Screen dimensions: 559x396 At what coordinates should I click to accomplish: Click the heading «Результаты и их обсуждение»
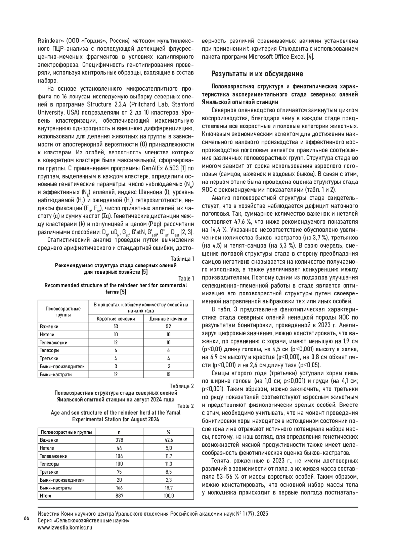click(x=257, y=73)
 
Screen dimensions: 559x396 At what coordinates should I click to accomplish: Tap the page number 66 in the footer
click(x=27, y=518)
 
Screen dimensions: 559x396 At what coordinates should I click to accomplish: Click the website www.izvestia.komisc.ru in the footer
click(x=65, y=527)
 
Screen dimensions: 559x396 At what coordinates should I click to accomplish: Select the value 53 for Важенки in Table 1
click(x=116, y=326)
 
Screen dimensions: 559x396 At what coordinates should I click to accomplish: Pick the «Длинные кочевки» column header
click(x=168, y=319)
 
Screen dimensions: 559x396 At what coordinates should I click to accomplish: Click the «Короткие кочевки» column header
click(x=116, y=319)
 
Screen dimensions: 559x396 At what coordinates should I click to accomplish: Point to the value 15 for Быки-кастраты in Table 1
click(x=168, y=374)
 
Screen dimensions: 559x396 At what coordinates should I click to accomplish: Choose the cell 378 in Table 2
click(x=119, y=440)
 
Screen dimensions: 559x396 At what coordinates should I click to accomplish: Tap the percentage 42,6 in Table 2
click(x=168, y=440)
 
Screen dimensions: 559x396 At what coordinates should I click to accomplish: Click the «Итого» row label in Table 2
click(x=46, y=496)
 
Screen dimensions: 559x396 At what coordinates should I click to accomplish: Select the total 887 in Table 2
click(x=119, y=496)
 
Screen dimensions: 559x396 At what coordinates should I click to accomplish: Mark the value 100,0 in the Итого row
click(x=168, y=496)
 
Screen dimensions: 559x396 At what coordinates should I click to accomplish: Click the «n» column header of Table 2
click(x=119, y=432)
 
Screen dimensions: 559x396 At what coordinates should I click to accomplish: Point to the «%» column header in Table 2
click(x=168, y=432)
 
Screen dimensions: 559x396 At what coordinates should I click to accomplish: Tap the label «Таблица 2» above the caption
click(x=181, y=386)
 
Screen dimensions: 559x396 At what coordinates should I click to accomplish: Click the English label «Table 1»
click(x=186, y=279)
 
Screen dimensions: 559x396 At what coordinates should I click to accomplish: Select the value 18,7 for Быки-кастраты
click(x=168, y=488)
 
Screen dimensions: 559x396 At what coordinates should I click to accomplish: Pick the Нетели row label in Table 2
click(x=47, y=448)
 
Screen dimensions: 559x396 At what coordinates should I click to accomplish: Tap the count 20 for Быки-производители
click(x=119, y=480)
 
